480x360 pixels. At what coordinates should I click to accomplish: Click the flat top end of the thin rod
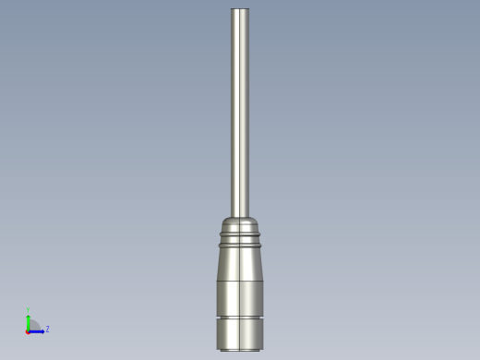pyautogui.click(x=240, y=9)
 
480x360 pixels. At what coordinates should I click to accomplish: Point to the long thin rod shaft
pyautogui.click(x=240, y=111)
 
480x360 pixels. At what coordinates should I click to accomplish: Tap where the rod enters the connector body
pyautogui.click(x=240, y=216)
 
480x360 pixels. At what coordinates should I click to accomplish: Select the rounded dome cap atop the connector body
pyautogui.click(x=240, y=223)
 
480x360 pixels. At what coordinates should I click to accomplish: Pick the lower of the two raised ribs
pyautogui.click(x=240, y=245)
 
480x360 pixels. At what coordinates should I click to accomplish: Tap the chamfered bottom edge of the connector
pyautogui.click(x=240, y=349)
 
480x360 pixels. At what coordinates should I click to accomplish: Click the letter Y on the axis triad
pyautogui.click(x=29, y=311)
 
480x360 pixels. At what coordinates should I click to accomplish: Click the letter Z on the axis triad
pyautogui.click(x=47, y=329)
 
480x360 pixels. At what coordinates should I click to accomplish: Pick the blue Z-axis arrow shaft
pyautogui.click(x=35, y=330)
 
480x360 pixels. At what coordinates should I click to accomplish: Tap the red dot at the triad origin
pyautogui.click(x=28, y=330)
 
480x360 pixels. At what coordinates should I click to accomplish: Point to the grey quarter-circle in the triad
pyautogui.click(x=34, y=324)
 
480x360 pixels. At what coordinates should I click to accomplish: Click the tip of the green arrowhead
pyautogui.click(x=29, y=317)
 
